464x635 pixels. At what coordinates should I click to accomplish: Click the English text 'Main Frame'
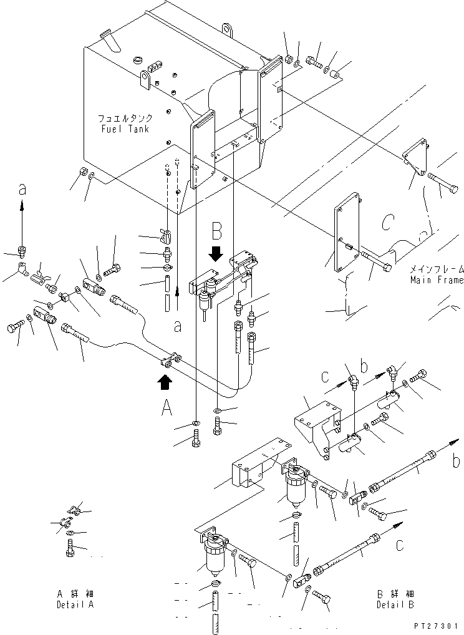(x=437, y=280)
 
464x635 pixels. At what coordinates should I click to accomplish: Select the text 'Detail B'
(x=395, y=605)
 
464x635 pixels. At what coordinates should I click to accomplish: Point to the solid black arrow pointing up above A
(x=166, y=381)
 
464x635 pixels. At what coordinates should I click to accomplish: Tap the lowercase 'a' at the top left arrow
(x=22, y=190)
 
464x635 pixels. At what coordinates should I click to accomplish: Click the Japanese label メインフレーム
(x=437, y=269)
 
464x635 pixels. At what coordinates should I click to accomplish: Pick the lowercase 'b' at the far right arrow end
(x=457, y=462)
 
